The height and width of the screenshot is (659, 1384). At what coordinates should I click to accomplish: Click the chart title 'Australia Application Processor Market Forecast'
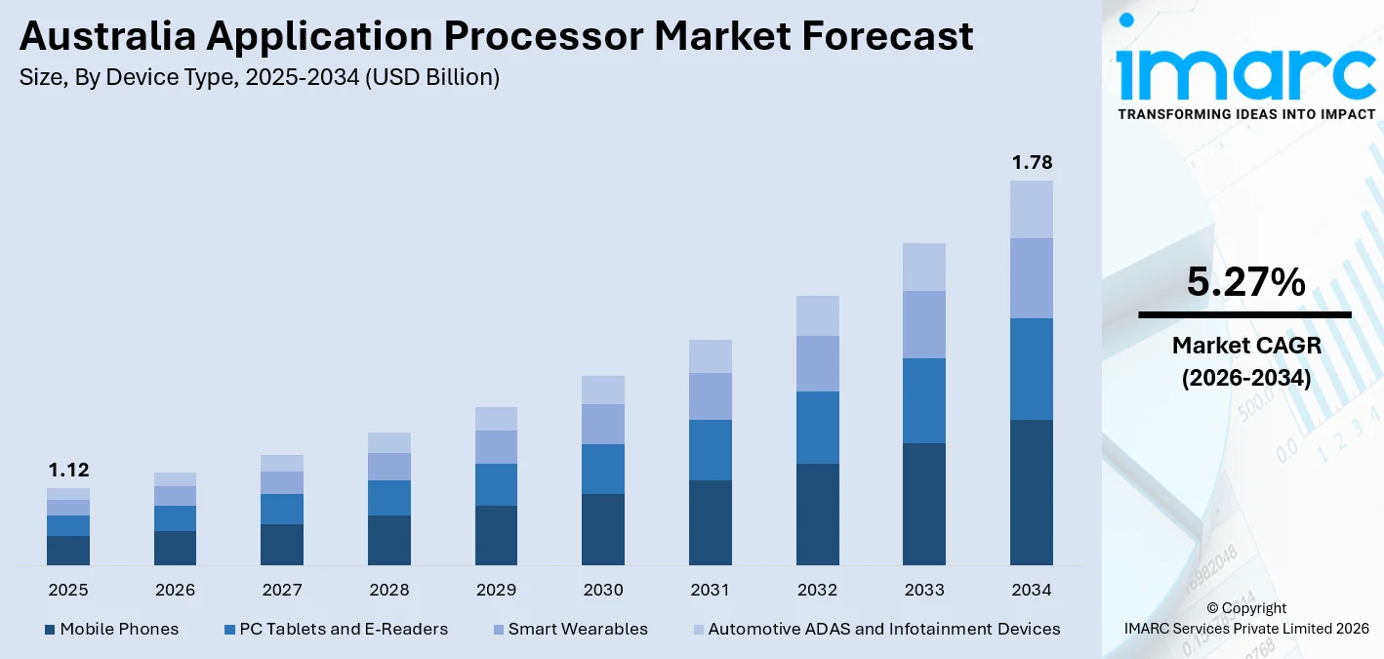pos(496,36)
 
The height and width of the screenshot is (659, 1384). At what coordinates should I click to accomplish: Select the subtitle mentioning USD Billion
pos(259,78)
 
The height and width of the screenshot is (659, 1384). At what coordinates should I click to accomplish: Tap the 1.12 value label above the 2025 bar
pos(68,471)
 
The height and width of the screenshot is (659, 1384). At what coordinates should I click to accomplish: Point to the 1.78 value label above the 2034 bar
pos(1032,162)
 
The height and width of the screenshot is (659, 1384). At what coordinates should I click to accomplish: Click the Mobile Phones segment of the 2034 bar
pos(1032,492)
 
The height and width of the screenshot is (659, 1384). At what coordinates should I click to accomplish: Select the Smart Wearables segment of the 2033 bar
pos(924,324)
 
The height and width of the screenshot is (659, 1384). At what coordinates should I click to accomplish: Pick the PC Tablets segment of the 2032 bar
pos(817,427)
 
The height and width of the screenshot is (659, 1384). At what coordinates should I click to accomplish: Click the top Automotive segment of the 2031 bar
pos(711,356)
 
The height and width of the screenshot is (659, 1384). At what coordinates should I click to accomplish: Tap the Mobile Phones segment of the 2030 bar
pos(603,529)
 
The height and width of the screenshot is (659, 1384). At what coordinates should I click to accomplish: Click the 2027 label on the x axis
pos(282,590)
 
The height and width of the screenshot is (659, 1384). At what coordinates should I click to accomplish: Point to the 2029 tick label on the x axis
pos(496,590)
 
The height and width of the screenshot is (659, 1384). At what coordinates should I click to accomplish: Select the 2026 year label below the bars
pos(175,590)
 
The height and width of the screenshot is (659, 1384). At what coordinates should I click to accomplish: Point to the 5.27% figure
pos(1245,282)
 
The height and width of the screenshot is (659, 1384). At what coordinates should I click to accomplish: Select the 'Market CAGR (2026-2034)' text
pos(1245,361)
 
